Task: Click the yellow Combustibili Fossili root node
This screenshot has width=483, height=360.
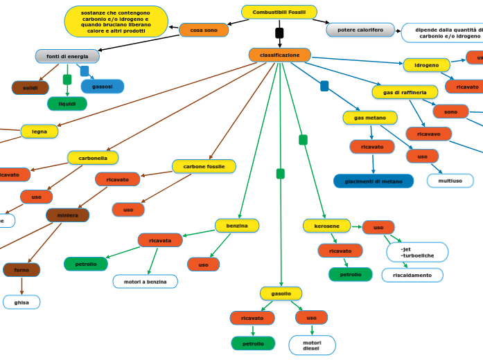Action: pyautogui.click(x=279, y=12)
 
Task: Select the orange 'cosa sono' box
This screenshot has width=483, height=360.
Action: pyautogui.click(x=204, y=30)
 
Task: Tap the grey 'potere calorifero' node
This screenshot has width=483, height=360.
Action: pyautogui.click(x=360, y=30)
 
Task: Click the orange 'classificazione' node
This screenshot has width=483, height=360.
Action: pyautogui.click(x=279, y=55)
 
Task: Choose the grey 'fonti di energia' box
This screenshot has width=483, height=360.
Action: pyautogui.click(x=67, y=56)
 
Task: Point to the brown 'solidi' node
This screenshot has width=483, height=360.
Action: pyautogui.click(x=30, y=88)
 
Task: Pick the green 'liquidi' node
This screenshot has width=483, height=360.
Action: pyautogui.click(x=67, y=104)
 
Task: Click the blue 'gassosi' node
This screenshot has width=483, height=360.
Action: pyautogui.click(x=103, y=87)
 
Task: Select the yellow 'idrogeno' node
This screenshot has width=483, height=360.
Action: pyautogui.click(x=426, y=65)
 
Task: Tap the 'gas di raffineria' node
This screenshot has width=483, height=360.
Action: pyautogui.click(x=405, y=92)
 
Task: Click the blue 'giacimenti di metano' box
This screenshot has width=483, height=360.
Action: pyautogui.click(x=373, y=181)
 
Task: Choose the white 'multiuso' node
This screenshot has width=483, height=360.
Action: pyautogui.click(x=450, y=181)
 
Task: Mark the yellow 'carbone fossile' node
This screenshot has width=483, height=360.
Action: pyautogui.click(x=204, y=166)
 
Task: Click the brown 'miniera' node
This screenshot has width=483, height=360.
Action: pyautogui.click(x=67, y=215)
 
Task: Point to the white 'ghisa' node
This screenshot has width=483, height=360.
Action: pyautogui.click(x=21, y=302)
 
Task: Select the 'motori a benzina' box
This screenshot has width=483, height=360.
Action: pyautogui.click(x=145, y=281)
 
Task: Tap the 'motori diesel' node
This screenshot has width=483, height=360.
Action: pyautogui.click(x=312, y=345)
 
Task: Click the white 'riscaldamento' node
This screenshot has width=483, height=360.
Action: pyautogui.click(x=412, y=275)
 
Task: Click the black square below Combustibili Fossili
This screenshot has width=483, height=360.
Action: pyautogui.click(x=279, y=33)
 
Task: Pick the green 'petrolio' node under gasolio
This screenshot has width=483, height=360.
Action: pyautogui.click(x=253, y=343)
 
